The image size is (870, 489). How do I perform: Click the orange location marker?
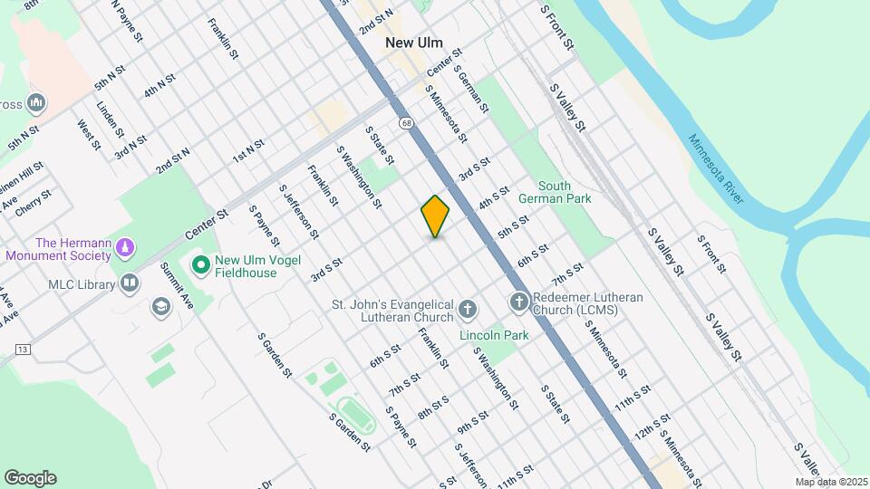point(436,216)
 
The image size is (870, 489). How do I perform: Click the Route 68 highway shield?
point(402,120)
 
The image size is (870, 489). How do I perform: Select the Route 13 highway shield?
point(23,350)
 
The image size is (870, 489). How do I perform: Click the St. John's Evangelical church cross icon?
point(468,310)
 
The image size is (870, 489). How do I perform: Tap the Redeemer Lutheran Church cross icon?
point(519,302)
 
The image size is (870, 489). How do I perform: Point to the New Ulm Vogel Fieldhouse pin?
point(200,265)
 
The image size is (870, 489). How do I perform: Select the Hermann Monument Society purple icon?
point(127,247)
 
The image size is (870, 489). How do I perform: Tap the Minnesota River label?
point(716,168)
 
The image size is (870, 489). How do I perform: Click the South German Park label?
point(556,191)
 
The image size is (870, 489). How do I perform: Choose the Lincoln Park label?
point(494,335)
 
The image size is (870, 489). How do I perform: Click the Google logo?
point(30,478)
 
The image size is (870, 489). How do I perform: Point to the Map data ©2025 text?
point(831,482)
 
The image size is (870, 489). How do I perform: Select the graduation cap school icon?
point(161,308)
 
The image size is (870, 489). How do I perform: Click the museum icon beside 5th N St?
point(36,101)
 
